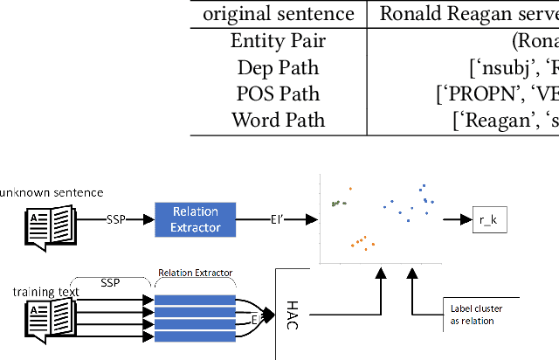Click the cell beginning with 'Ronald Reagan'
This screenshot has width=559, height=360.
467,14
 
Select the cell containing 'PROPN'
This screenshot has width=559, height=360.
498,93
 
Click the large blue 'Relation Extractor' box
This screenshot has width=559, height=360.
196,218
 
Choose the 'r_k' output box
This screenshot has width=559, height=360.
489,220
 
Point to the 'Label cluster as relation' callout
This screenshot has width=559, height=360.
472,314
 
